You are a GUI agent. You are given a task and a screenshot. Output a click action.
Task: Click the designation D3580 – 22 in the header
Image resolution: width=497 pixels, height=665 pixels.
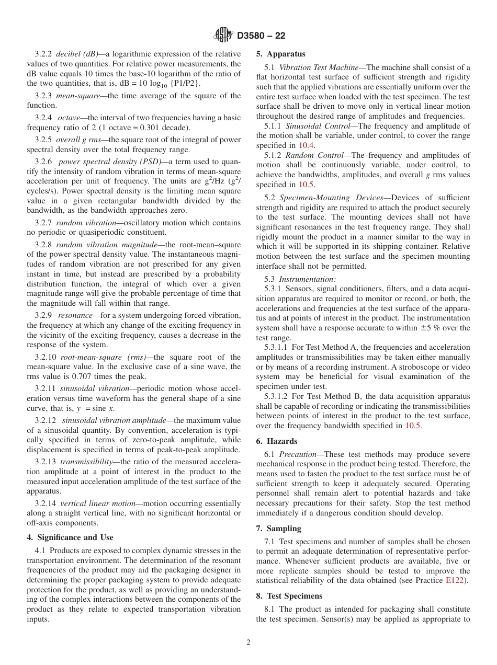[261, 36]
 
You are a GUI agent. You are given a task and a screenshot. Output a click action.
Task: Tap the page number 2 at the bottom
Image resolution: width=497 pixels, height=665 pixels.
[249, 643]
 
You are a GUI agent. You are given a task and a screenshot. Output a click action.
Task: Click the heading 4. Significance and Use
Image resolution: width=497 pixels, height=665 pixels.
[70, 537]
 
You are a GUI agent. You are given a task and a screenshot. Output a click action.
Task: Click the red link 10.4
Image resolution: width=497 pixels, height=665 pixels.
[307, 146]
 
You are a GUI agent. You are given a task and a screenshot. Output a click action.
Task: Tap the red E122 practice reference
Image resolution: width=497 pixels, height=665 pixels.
[454, 581]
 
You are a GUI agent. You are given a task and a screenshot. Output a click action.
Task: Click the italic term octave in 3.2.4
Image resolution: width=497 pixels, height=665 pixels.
[69, 118]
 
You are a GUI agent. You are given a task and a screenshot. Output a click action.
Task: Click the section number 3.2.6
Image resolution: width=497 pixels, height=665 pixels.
[43, 162]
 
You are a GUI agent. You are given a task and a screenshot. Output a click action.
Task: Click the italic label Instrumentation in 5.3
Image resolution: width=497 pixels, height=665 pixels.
[307, 279]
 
